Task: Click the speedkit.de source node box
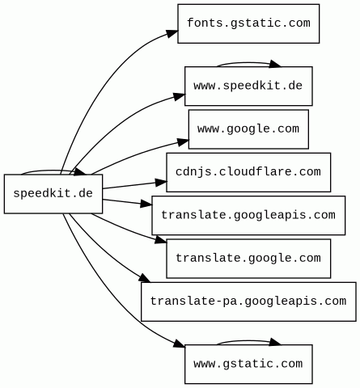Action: click(x=53, y=194)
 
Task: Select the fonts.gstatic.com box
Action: click(x=248, y=23)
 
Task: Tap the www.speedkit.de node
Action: click(x=248, y=86)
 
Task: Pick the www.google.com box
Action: click(x=248, y=129)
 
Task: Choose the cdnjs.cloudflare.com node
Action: click(x=248, y=172)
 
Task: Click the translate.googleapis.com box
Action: click(x=248, y=215)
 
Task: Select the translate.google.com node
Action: click(x=248, y=259)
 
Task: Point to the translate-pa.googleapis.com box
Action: click(x=248, y=302)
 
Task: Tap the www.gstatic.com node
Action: click(x=248, y=364)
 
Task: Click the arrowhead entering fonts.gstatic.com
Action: click(x=172, y=33)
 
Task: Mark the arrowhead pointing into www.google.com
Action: click(x=183, y=142)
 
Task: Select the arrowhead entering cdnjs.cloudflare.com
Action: click(x=161, y=183)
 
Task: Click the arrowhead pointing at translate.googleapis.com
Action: click(x=146, y=204)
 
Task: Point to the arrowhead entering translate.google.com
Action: click(x=161, y=240)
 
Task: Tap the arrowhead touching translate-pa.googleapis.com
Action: click(x=144, y=278)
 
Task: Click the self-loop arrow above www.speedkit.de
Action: click(x=248, y=63)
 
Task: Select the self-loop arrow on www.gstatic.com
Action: click(x=248, y=341)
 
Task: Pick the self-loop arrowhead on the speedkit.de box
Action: click(x=79, y=172)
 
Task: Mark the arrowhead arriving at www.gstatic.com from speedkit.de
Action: click(x=179, y=344)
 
